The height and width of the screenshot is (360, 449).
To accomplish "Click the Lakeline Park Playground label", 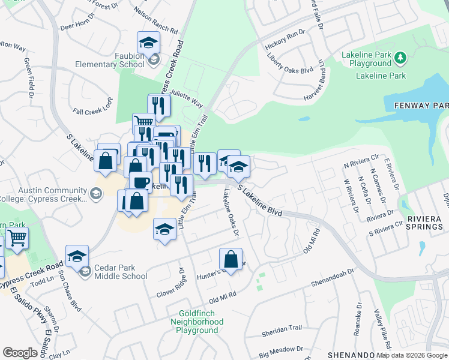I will (x=366, y=59).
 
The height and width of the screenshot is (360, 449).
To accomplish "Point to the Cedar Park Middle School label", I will (x=121, y=272).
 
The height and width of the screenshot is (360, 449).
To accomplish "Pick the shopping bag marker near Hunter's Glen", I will (x=231, y=259).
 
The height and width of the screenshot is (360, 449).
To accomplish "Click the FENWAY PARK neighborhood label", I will (x=421, y=106).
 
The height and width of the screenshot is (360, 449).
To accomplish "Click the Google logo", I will (x=20, y=352).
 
